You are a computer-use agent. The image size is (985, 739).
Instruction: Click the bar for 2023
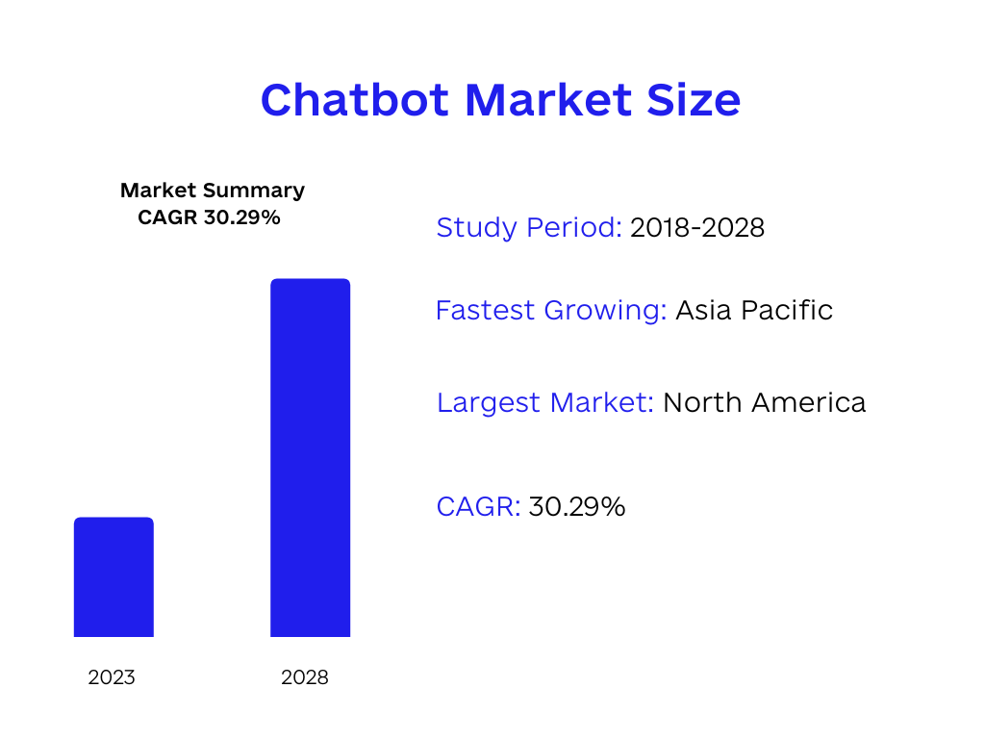pos(114,577)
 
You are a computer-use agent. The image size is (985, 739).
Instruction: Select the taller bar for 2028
pos(310,458)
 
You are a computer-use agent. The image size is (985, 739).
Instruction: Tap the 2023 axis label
pos(112,677)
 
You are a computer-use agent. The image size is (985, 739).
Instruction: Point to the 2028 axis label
pos(305,677)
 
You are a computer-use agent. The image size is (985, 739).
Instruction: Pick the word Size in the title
pos(695,100)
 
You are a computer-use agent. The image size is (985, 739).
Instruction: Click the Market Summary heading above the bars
pos(213,191)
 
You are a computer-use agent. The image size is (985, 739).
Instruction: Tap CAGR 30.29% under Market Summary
pos(209,217)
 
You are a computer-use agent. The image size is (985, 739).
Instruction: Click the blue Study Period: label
pos(529,228)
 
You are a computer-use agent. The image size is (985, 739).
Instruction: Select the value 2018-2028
pos(697,228)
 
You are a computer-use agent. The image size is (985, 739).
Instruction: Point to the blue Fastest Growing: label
pos(551,311)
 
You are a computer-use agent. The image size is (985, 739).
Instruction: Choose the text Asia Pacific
pos(754,311)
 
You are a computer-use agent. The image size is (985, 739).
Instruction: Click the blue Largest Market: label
pos(545,402)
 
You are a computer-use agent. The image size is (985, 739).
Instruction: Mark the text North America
pos(765,402)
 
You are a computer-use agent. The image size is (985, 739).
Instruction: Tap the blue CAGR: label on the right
pos(478,506)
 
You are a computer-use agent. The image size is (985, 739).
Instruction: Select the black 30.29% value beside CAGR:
pos(577,506)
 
